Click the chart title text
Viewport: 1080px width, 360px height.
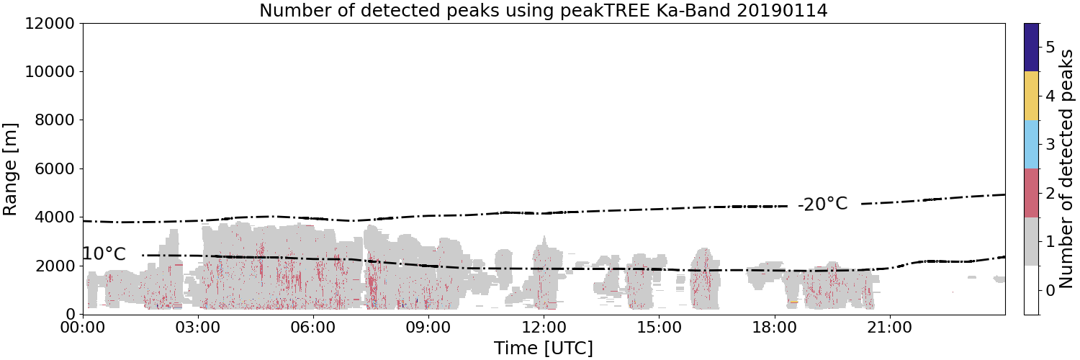pos(544,10)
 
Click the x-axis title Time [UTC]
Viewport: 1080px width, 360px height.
pos(544,348)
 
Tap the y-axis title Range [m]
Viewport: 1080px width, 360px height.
pos(9,169)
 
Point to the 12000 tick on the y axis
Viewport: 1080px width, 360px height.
pos(50,24)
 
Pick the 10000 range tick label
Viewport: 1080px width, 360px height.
pos(50,72)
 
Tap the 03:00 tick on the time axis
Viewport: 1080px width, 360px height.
pos(198,328)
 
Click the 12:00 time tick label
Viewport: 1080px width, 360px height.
pos(544,328)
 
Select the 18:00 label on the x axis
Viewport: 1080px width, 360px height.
pos(774,328)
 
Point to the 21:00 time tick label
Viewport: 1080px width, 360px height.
pos(889,328)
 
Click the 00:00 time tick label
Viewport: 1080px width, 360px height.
pos(83,328)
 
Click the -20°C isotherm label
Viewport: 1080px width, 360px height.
pos(822,204)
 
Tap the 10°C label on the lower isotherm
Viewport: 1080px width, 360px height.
pos(104,253)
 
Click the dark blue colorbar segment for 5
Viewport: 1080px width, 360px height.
pos(1031,48)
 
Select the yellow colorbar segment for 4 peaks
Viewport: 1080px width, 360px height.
pos(1031,96)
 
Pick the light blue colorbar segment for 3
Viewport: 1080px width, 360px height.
pos(1031,145)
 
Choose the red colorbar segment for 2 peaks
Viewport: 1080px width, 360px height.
pos(1031,193)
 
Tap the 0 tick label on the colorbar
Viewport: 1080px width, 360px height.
pos(1050,291)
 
